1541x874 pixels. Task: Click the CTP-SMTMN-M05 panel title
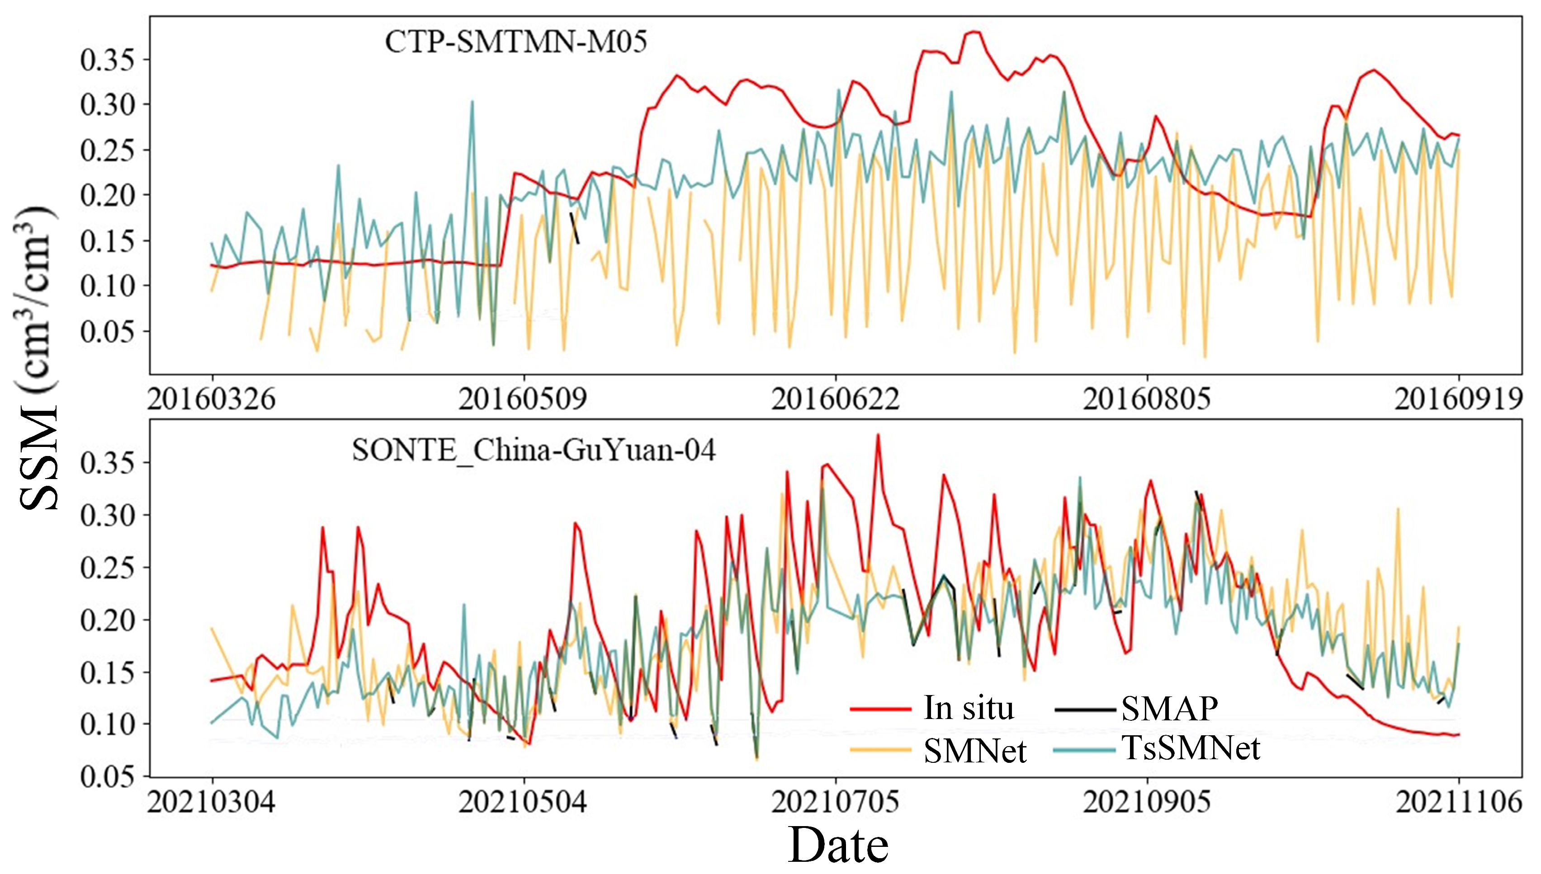coord(516,42)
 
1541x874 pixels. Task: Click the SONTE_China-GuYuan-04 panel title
coord(533,450)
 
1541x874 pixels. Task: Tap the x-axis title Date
coord(838,845)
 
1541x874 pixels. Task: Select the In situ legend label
coord(968,708)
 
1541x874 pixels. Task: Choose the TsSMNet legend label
coord(1191,748)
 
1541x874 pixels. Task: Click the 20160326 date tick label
coord(212,399)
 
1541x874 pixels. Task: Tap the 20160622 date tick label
coord(835,399)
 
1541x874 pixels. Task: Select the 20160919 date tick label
coord(1459,399)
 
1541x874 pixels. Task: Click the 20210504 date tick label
coord(522,802)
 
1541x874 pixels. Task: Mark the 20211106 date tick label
coord(1459,802)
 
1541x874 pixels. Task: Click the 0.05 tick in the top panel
coord(107,331)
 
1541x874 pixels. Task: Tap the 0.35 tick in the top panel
coord(107,60)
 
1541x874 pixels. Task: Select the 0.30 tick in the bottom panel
coord(107,515)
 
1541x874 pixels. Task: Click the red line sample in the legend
coord(880,709)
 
